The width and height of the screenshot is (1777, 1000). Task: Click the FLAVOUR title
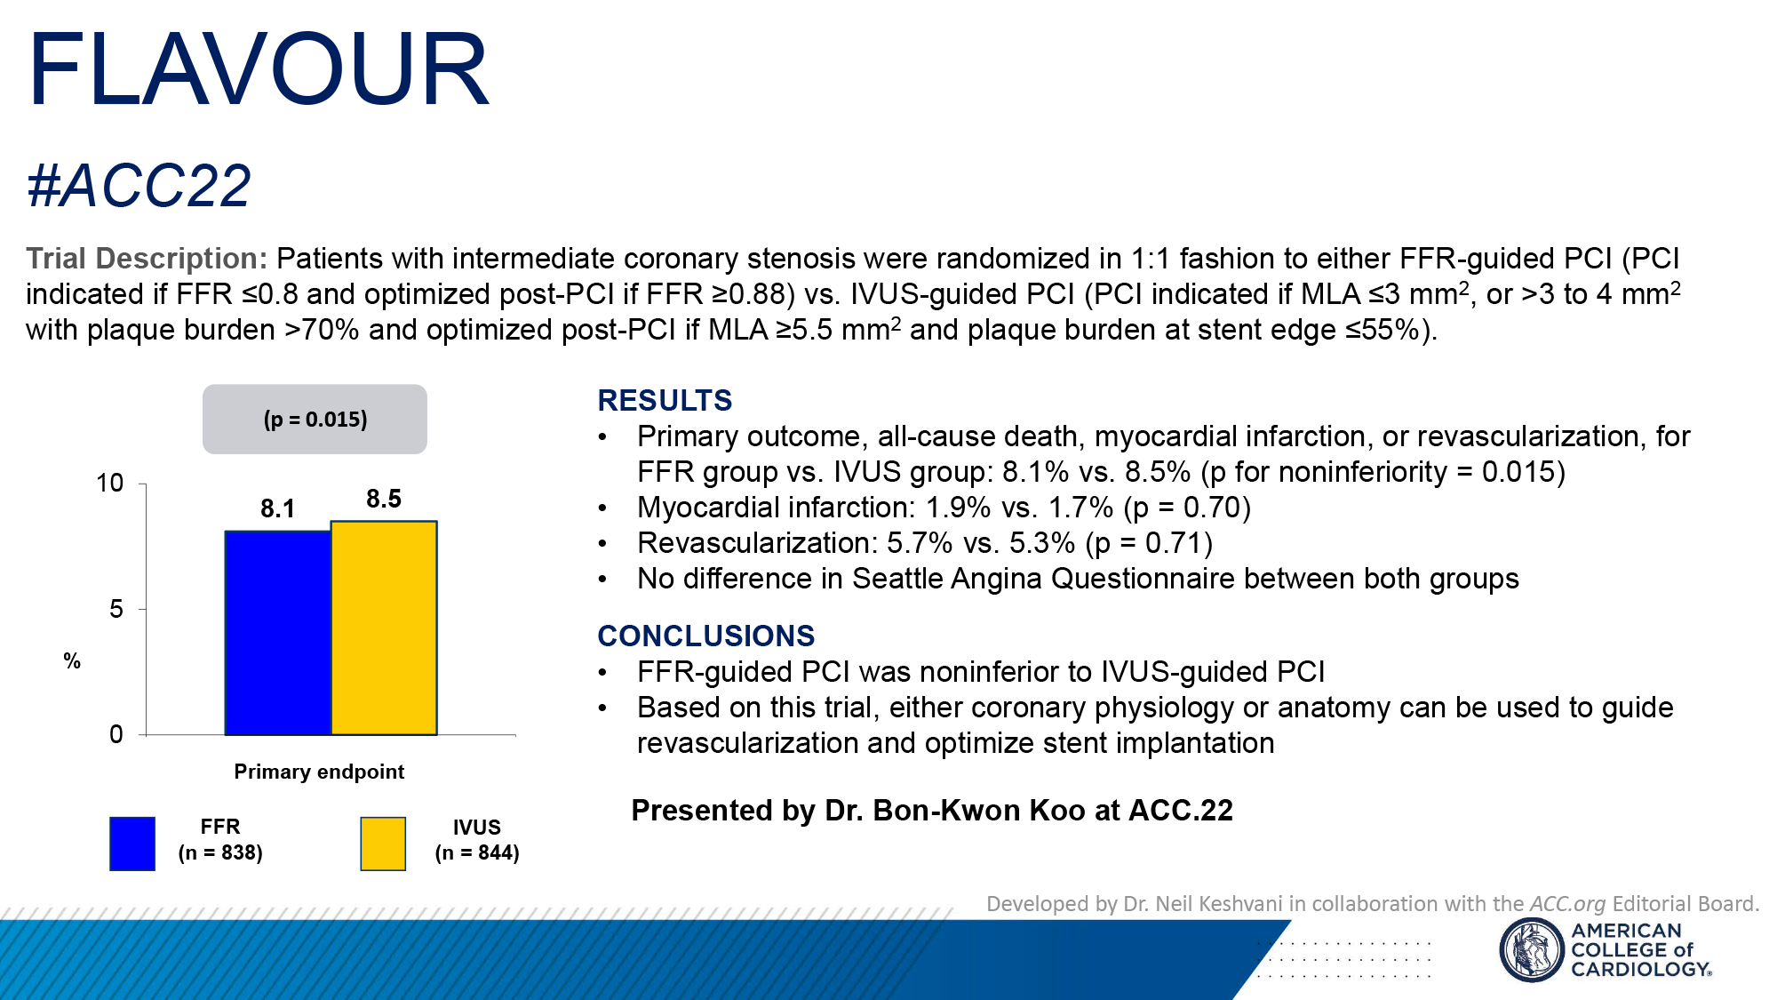pos(258,69)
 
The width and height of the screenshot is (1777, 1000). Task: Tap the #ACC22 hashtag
pos(139,187)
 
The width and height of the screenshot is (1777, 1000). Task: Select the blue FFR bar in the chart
pos(277,633)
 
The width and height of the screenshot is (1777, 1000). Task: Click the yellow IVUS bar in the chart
pos(384,628)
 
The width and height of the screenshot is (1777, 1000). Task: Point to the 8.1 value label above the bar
pos(277,508)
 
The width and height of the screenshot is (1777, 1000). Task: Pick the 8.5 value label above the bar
pos(384,499)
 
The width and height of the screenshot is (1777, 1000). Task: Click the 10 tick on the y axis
pos(110,484)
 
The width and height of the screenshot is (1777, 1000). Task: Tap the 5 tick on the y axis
pos(116,610)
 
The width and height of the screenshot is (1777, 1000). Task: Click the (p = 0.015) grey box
pos(315,419)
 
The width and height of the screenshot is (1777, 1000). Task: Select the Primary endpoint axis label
pos(319,772)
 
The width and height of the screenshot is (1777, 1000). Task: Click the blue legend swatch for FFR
pos(132,844)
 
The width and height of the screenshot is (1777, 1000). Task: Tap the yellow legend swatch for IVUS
pos(383,844)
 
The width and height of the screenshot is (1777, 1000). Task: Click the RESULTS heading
pos(665,401)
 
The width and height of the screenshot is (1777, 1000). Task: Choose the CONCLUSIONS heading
pos(705,636)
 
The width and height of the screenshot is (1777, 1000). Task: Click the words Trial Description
pos(147,259)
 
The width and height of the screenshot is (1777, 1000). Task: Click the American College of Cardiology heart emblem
pos(1531,949)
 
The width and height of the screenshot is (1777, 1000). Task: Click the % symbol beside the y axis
pos(72,661)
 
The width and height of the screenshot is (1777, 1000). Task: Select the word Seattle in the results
pos(898,579)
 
